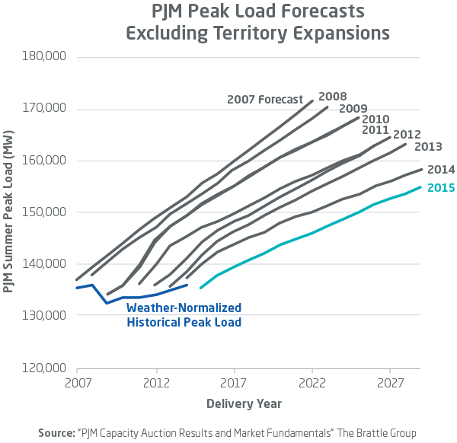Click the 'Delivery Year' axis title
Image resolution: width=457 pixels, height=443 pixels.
(x=244, y=403)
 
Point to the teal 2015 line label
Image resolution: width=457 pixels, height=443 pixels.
(x=440, y=187)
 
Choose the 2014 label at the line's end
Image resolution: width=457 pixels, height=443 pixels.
(x=440, y=170)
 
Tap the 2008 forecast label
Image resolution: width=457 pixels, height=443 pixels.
(x=332, y=97)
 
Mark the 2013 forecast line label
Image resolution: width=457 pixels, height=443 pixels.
(x=428, y=145)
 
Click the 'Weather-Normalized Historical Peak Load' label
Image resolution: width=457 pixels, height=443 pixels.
(x=184, y=315)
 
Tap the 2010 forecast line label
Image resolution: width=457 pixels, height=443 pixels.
(x=376, y=120)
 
